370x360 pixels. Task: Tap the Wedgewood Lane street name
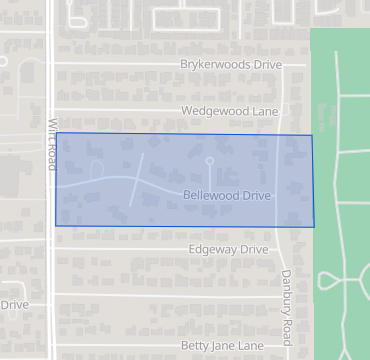click(228, 111)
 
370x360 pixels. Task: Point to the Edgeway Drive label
click(228, 249)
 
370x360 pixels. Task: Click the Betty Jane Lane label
click(222, 345)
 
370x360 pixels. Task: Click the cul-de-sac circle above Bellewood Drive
click(210, 160)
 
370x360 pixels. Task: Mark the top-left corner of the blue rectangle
click(56, 132)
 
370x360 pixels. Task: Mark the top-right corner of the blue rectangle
click(312, 135)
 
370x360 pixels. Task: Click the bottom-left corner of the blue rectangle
click(56, 226)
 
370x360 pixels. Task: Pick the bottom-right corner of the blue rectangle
click(315, 227)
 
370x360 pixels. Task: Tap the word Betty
click(196, 345)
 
